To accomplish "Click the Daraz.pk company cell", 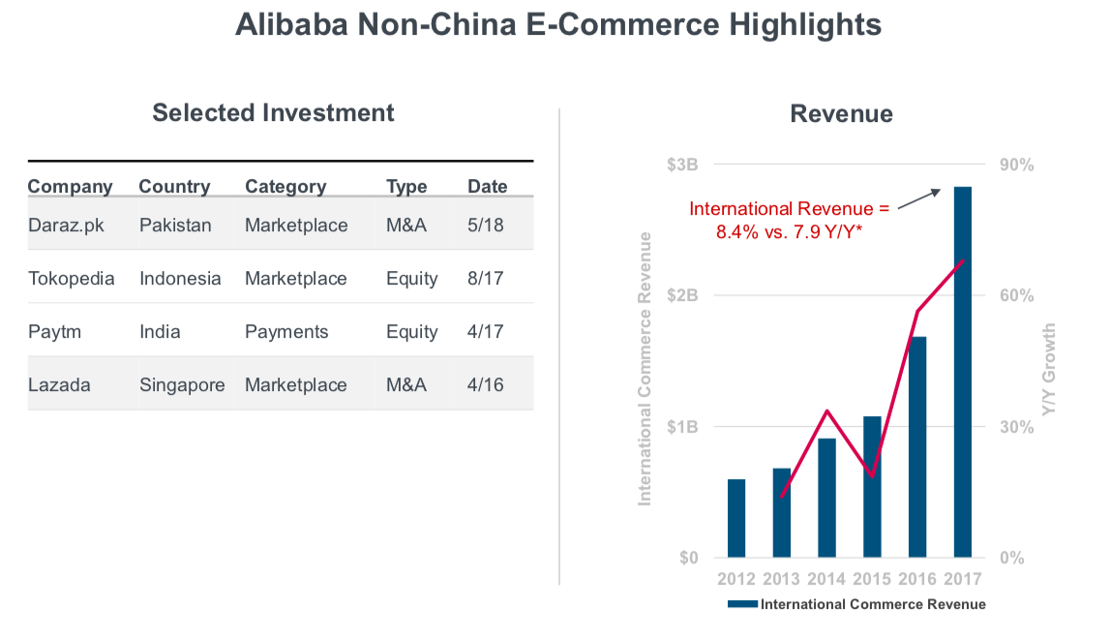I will [x=66, y=226].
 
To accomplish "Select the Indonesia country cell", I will [x=180, y=279].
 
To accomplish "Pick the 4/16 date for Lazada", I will [x=486, y=385].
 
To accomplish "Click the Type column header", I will [x=406, y=187].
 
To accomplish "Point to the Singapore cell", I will [x=182, y=385].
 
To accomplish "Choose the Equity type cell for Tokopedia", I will [x=411, y=279].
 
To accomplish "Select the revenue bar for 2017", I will [x=963, y=373].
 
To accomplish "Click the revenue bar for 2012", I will [x=736, y=519].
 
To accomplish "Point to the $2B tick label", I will [x=682, y=295].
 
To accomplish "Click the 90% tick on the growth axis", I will [x=1016, y=165].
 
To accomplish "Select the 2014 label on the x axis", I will [x=826, y=579].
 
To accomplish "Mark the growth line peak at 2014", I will [x=826, y=410].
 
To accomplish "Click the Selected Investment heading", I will [x=273, y=112].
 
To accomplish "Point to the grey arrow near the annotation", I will [x=918, y=198].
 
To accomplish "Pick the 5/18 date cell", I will [x=486, y=226].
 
